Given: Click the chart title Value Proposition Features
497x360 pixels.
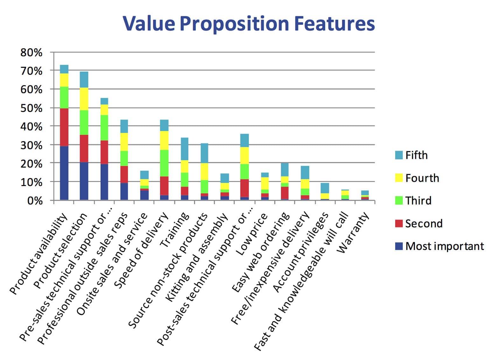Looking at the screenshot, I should [x=248, y=24].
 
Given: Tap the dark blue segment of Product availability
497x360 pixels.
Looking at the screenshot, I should [x=64, y=173].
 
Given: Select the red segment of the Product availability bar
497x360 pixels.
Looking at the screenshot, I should [x=64, y=127].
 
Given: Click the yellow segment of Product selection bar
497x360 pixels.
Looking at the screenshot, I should [x=84, y=99].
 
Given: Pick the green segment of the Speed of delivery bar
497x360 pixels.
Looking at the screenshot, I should [x=164, y=163].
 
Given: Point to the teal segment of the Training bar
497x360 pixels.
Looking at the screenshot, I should [x=184, y=149].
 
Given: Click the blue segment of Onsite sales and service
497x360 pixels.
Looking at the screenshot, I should [x=144, y=195].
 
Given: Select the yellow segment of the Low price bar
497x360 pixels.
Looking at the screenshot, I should [x=265, y=183].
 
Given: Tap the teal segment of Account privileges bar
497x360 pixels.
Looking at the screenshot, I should [x=325, y=188].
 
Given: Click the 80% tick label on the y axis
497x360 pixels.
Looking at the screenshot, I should [x=31, y=52].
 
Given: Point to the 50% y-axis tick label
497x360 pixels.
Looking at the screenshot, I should [x=31, y=108].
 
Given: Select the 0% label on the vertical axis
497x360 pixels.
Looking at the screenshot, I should [x=35, y=201].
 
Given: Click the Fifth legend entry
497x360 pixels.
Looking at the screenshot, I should [x=416, y=155].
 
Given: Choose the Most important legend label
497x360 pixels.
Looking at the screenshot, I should [x=444, y=246].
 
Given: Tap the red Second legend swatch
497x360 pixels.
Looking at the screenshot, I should [x=399, y=224].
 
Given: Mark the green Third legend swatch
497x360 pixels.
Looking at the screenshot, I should [x=399, y=201].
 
